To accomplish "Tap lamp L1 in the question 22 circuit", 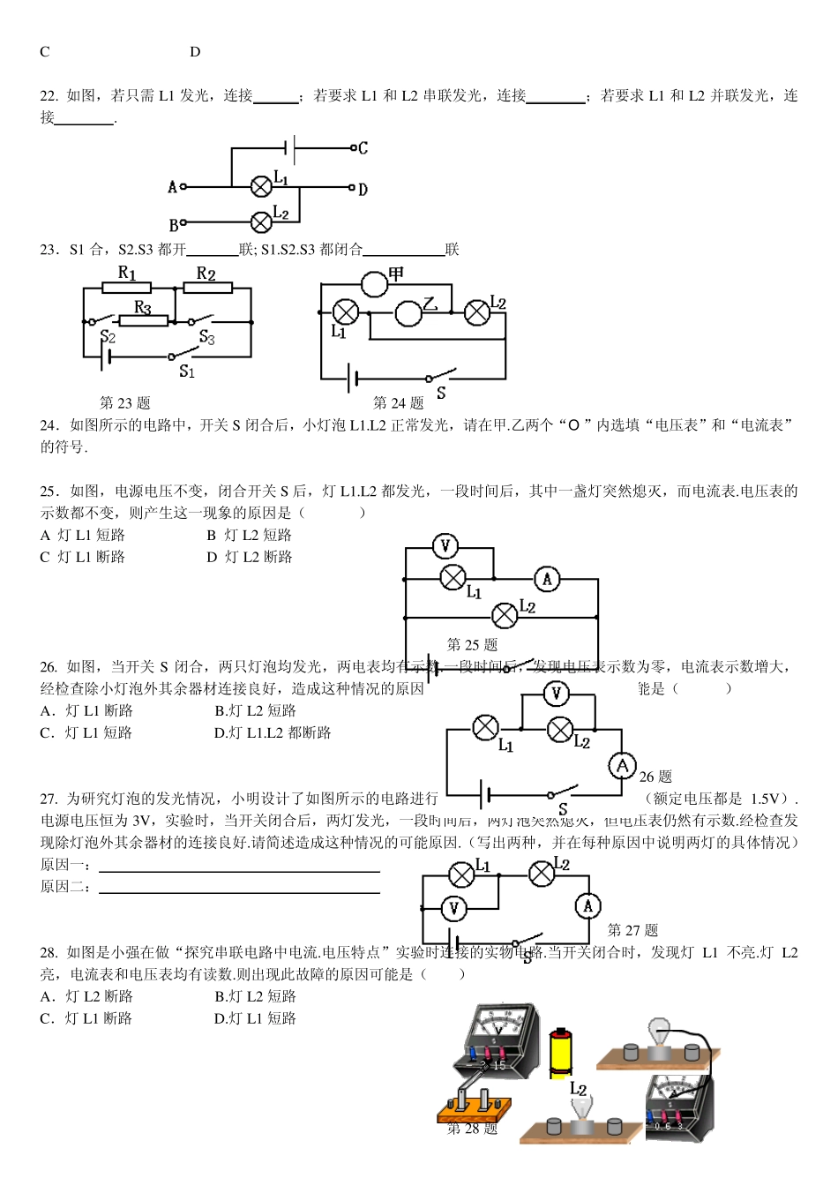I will pyautogui.click(x=261, y=187).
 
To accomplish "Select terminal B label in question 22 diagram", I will pyautogui.click(x=173, y=225).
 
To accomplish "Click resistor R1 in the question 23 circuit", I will pyautogui.click(x=127, y=287).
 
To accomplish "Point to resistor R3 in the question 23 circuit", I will pyautogui.click(x=143, y=321).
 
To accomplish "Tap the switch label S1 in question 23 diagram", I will pyautogui.click(x=187, y=372).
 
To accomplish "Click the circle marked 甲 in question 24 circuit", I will pyautogui.click(x=375, y=283).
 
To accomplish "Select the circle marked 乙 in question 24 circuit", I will pyautogui.click(x=408, y=313).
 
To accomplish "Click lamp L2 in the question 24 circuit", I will pyautogui.click(x=477, y=312).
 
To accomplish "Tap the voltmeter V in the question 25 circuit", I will pyautogui.click(x=445, y=546).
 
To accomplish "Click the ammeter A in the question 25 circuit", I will pyautogui.click(x=547, y=579).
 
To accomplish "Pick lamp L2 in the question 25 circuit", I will pyautogui.click(x=505, y=614).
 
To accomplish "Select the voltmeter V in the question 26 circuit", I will pyautogui.click(x=556, y=694).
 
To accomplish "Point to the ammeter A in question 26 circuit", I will pyautogui.click(x=623, y=766).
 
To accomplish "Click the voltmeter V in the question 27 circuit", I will pyautogui.click(x=453, y=908).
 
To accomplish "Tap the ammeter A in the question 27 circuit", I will pyautogui.click(x=588, y=905).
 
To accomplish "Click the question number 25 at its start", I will pyautogui.click(x=49, y=492).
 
